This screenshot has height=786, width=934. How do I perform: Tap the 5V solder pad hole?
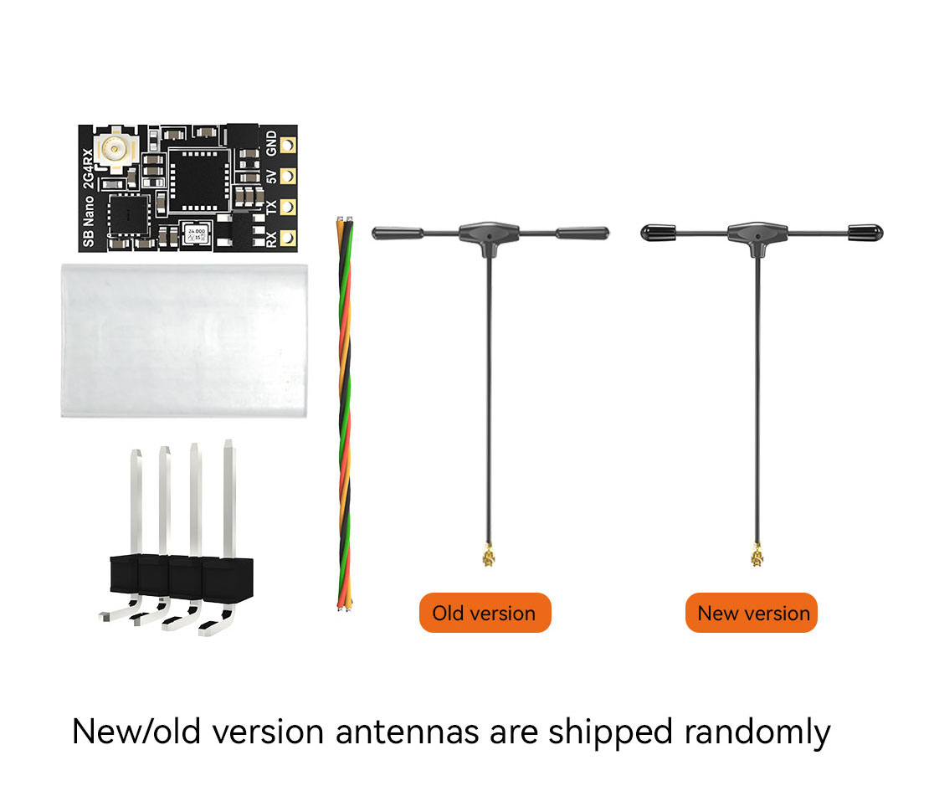tap(288, 176)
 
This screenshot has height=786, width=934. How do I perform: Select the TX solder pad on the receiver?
tap(288, 206)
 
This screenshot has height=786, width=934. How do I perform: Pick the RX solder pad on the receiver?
tap(288, 237)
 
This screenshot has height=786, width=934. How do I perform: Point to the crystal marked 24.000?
tap(198, 234)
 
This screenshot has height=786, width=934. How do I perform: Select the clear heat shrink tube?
tap(184, 339)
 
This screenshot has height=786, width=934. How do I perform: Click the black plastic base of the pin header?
tap(181, 578)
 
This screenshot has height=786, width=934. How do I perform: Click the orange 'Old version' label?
tap(485, 613)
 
